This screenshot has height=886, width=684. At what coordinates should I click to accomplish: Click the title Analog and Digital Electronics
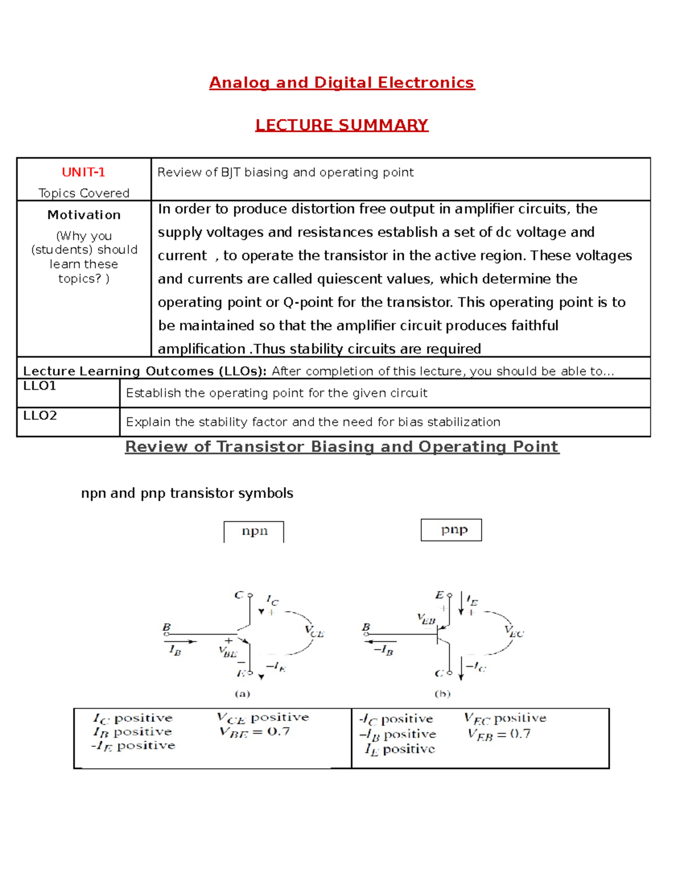coord(341,83)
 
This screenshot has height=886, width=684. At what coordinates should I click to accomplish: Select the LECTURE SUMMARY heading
coord(341,125)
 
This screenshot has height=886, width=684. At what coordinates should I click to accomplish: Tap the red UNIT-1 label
coord(83,172)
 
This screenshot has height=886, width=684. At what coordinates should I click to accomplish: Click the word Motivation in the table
coord(84,215)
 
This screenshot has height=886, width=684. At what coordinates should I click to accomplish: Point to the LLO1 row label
coord(40,386)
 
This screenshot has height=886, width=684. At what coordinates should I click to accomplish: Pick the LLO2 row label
coord(40,415)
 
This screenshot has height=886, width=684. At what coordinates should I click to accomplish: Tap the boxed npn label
coord(254,531)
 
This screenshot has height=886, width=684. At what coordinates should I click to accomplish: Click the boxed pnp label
coord(454,529)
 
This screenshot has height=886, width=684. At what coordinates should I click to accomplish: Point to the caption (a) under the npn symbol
coord(243,694)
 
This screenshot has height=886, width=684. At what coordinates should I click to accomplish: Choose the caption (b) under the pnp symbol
coord(442,694)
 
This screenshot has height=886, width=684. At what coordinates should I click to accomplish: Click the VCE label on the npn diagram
coord(314,632)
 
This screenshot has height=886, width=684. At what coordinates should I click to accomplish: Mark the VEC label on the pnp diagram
coord(514,632)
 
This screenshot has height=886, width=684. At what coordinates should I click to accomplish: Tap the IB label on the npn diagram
coord(175,650)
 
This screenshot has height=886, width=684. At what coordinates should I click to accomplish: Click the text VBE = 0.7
coord(255,732)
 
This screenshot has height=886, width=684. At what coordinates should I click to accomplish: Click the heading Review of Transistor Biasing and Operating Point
coord(341,447)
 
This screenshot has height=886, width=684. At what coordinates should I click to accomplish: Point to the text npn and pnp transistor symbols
coord(187,493)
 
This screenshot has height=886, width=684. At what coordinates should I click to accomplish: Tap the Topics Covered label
coord(84,193)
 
